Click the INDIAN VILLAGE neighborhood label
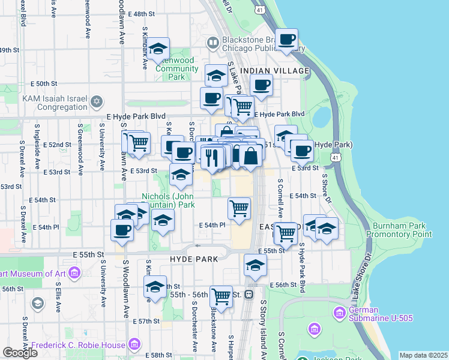[274, 71]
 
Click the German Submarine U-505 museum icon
[339, 312]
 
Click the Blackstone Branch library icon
[213, 43]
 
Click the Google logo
[20, 353]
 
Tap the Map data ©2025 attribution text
[423, 355]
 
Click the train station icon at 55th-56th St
[248, 295]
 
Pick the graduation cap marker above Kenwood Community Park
[158, 49]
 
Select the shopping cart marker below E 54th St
[239, 209]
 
